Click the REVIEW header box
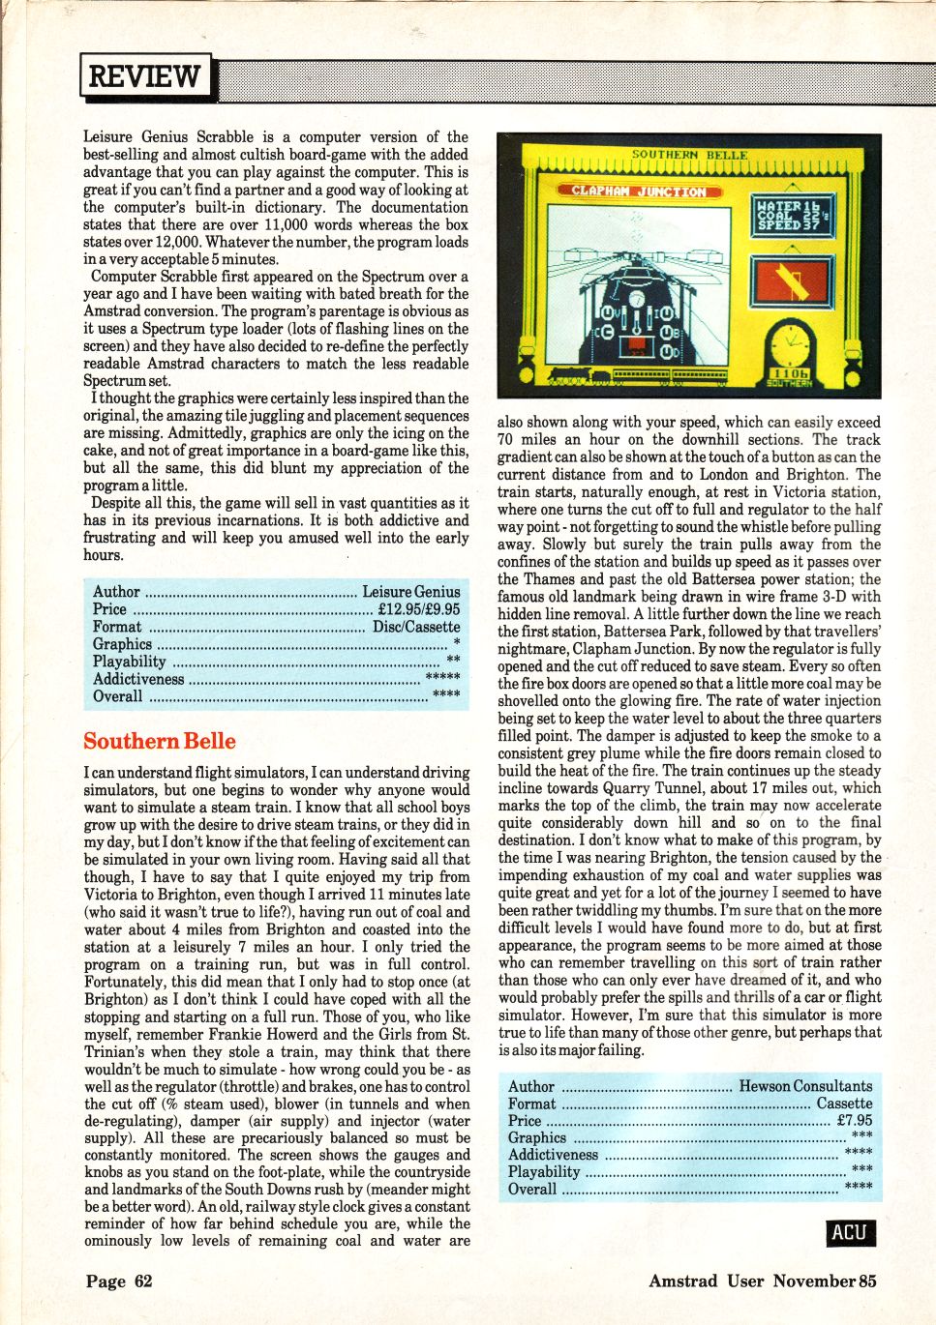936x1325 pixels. (x=145, y=75)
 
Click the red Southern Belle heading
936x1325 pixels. (x=160, y=741)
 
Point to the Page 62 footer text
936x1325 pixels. (x=119, y=1281)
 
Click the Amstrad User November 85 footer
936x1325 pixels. (x=762, y=1281)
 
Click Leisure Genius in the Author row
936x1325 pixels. (x=411, y=592)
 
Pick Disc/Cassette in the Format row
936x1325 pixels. (x=416, y=627)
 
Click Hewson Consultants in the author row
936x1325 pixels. (x=805, y=1086)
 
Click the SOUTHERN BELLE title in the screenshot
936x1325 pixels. (x=689, y=155)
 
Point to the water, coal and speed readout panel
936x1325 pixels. (x=792, y=215)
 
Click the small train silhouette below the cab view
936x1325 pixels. (x=578, y=375)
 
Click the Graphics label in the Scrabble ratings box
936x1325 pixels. (x=122, y=644)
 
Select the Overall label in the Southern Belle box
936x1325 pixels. (x=532, y=1190)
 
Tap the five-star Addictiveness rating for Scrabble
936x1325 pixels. (x=442, y=678)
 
